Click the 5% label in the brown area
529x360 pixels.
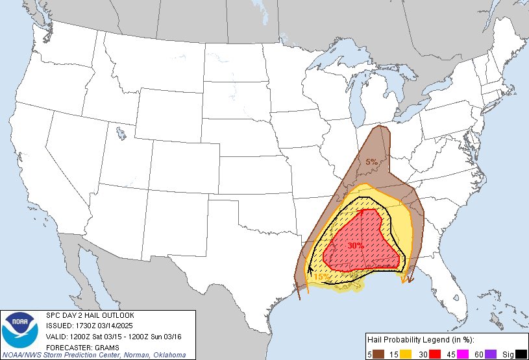click(371, 162)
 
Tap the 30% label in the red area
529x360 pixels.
click(355, 246)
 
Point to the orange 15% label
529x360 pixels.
click(321, 277)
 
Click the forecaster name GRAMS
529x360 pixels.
click(104, 346)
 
